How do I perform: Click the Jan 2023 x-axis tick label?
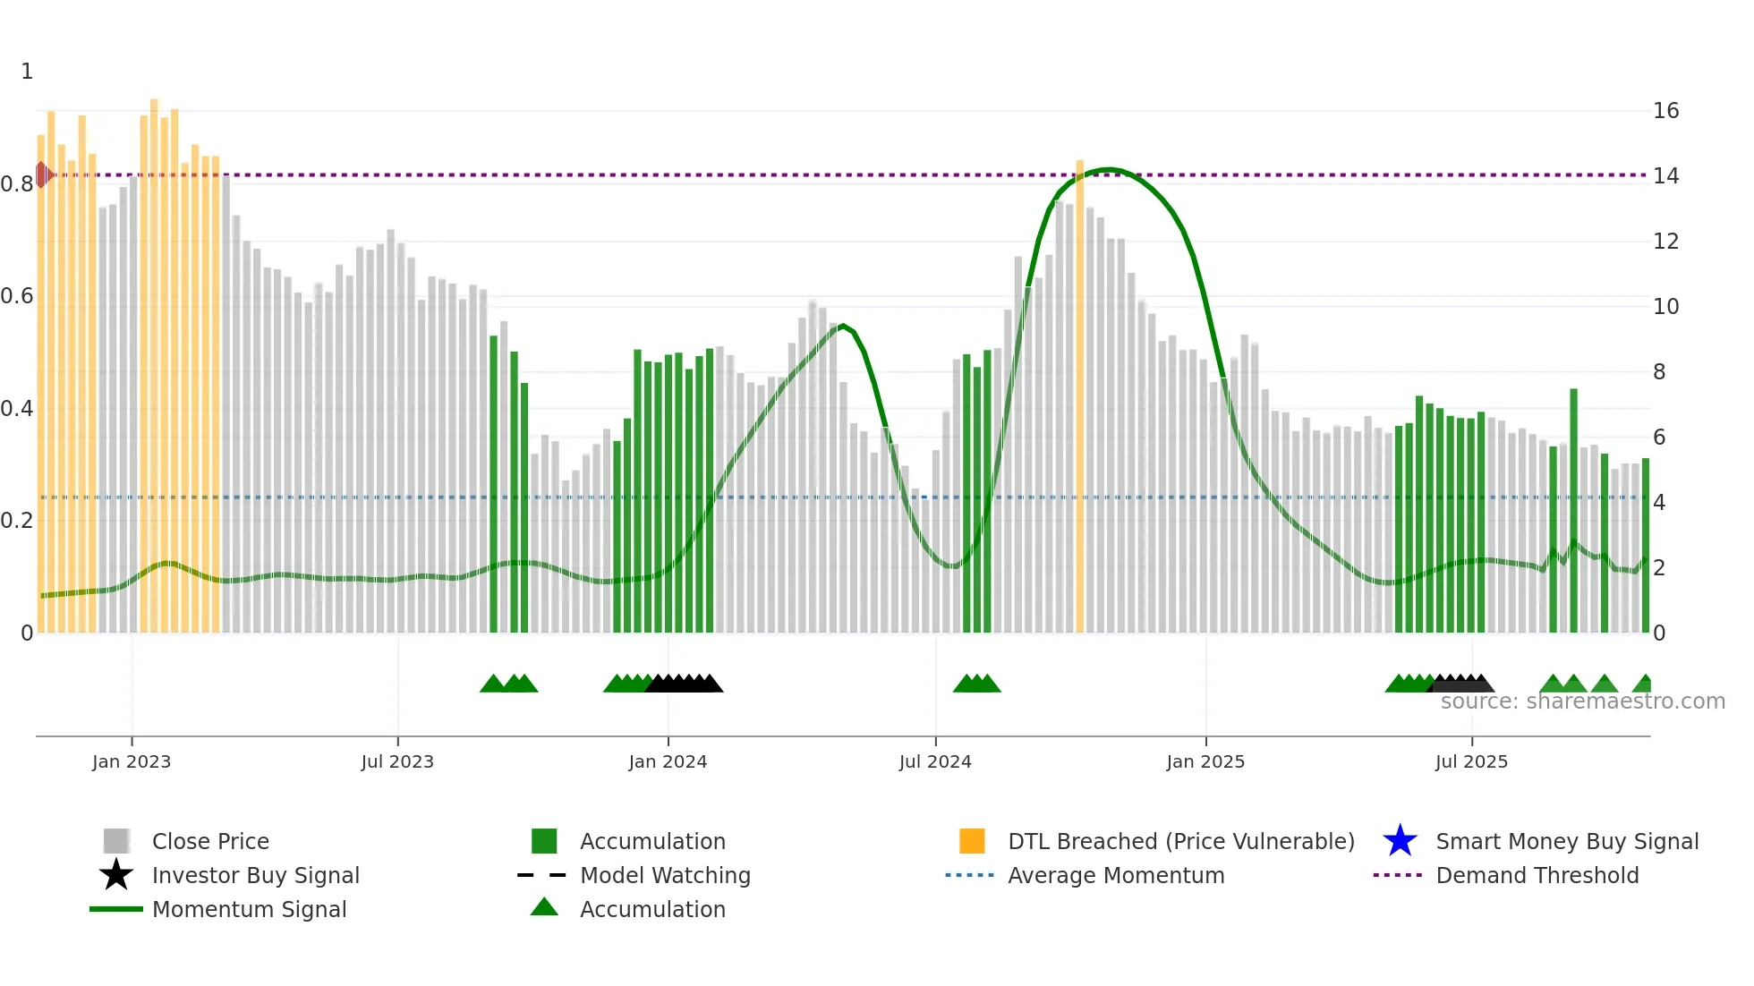coord(131,761)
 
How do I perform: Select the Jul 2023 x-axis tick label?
coord(397,761)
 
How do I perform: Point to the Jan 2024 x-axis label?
coord(668,761)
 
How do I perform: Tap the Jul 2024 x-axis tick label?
coord(935,761)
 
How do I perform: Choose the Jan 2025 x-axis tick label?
coord(1205,761)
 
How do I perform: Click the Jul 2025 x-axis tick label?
coord(1471,761)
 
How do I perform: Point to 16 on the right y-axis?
coord(1665,111)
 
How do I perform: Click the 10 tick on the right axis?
coord(1665,307)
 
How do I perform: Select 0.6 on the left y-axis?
coord(17,296)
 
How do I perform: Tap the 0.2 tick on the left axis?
coord(17,521)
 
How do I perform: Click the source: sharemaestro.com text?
coord(1582,701)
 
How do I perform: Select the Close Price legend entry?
coord(209,841)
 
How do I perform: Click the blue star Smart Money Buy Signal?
coord(1401,841)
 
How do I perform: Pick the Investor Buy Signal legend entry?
coord(255,875)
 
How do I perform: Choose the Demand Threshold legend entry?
coord(1537,875)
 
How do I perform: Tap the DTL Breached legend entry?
coord(1180,841)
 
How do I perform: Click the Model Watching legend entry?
coord(664,875)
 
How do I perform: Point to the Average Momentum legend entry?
coord(1115,875)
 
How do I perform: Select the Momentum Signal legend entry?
coord(249,909)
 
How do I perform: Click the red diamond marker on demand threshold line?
coord(42,174)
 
